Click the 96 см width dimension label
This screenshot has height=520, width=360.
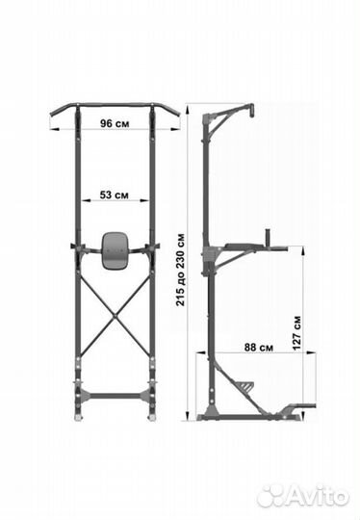(x=115, y=123)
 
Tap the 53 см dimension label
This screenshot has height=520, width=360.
(x=114, y=195)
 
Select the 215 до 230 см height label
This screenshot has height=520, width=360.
(x=181, y=270)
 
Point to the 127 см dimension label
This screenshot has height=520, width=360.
(x=296, y=332)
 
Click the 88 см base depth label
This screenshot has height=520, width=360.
(x=259, y=348)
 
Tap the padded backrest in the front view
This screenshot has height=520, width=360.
(x=115, y=250)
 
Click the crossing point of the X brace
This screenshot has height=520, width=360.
(x=115, y=316)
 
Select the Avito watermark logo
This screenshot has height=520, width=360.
(x=303, y=497)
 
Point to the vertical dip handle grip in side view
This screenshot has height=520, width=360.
(x=268, y=237)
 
